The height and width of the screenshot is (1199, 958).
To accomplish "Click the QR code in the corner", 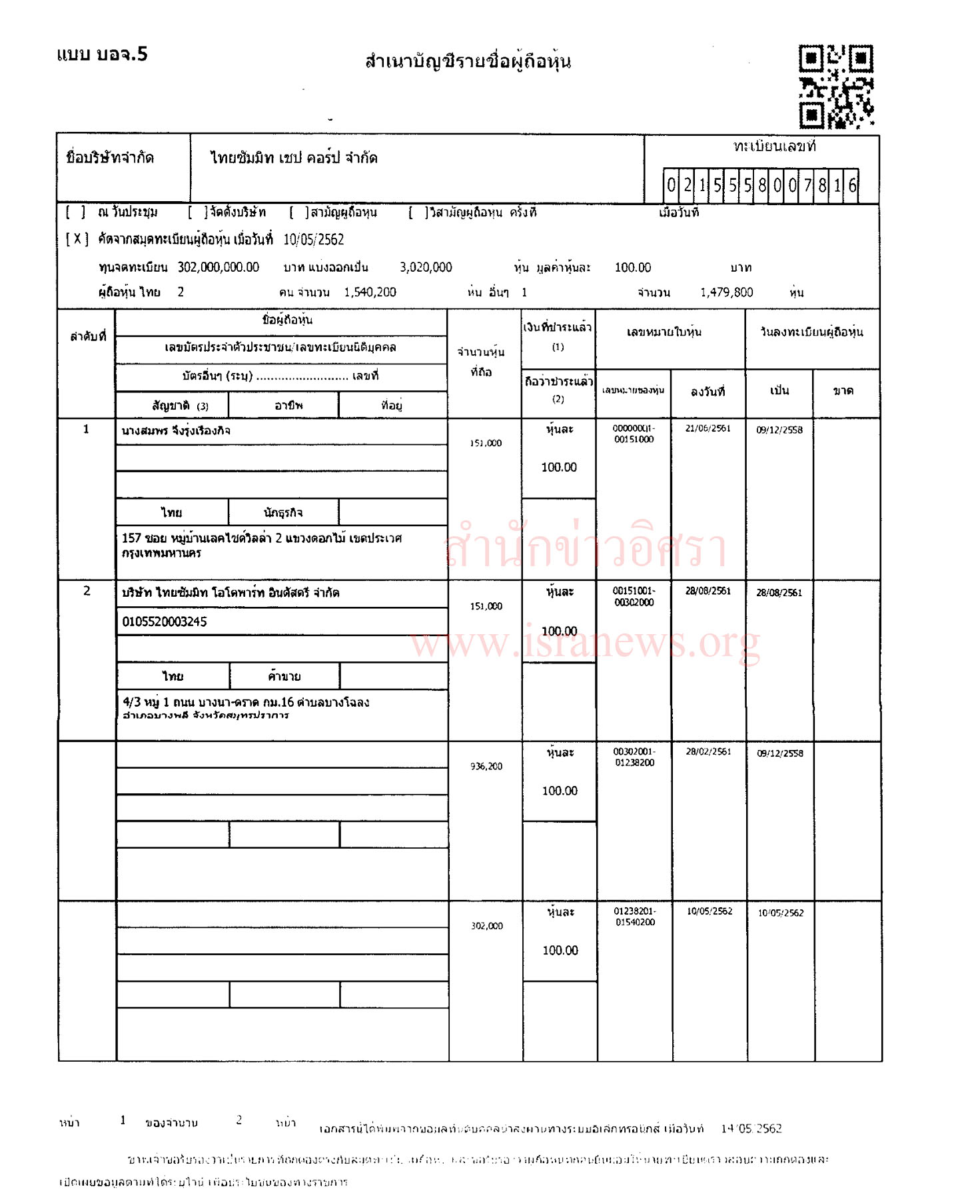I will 836,86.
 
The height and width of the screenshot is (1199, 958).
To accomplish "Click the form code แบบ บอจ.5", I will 102,54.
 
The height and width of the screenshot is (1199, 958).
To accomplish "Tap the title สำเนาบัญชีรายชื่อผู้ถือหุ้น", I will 468,62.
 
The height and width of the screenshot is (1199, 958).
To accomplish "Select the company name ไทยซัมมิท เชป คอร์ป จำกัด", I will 294,158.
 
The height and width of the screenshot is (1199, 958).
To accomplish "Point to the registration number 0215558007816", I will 761,185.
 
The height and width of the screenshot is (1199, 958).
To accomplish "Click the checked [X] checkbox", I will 77,239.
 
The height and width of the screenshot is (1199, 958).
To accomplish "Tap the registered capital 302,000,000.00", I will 218,268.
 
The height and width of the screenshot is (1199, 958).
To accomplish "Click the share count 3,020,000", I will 426,268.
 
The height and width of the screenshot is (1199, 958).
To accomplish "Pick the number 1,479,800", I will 726,292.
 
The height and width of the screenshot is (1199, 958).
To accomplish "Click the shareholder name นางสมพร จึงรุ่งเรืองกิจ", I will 176,431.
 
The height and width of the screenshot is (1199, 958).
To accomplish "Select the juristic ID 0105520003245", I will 165,622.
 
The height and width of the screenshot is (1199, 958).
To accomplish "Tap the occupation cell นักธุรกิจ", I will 283,512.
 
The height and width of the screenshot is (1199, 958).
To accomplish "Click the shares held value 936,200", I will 486,767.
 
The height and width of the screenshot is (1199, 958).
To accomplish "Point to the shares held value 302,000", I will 487,926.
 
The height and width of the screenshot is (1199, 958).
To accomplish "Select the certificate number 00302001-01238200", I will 634,757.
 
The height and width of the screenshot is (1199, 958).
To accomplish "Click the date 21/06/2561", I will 708,428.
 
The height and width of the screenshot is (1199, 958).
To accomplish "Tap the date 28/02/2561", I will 708,752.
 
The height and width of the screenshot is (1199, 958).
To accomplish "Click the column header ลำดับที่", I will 88,336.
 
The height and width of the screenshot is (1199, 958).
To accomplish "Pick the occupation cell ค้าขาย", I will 284,677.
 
